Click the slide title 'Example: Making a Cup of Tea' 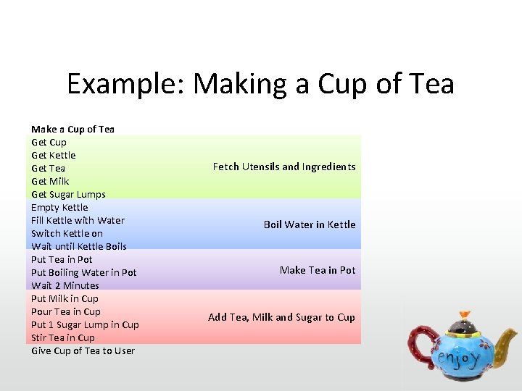pos(260,84)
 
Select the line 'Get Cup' pos(49,142)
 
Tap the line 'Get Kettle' pos(53,155)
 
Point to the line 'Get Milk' pos(50,181)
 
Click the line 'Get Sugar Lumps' pos(68,194)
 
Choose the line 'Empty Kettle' pos(59,207)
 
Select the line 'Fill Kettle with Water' pos(78,220)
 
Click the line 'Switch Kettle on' pos(67,233)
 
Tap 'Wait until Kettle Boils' pos(78,246)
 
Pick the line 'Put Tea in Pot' pos(62,259)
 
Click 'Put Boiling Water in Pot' pos(83,272)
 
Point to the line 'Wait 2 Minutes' pos(65,285)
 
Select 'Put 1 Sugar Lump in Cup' pos(85,324)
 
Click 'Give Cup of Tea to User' pos(83,350)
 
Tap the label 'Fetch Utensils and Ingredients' pos(284,167)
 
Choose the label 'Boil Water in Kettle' pos(310,224)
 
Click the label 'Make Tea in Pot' pos(318,270)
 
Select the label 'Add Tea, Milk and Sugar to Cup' pos(281,317)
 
